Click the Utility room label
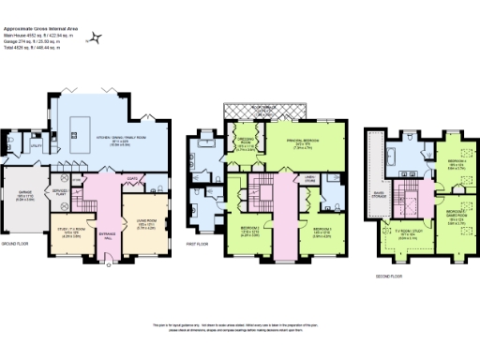pyautogui.click(x=36, y=145)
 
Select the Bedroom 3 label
pyautogui.click(x=322, y=229)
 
